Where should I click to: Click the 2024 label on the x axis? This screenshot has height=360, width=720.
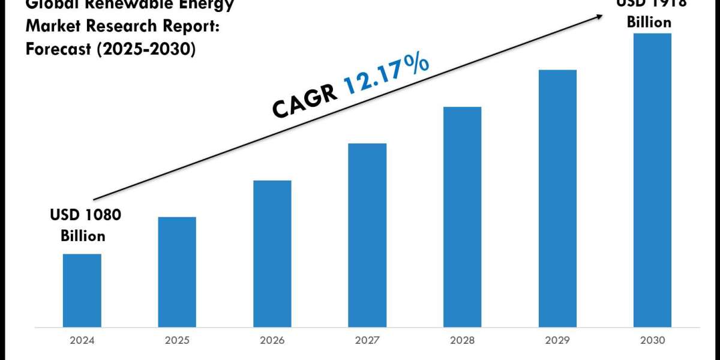(82, 340)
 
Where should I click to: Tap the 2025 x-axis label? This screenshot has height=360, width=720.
(177, 340)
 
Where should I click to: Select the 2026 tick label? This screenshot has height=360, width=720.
(272, 340)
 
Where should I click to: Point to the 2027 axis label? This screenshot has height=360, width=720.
(367, 340)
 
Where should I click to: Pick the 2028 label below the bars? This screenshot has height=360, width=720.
(462, 340)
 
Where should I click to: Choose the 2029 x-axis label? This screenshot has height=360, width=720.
(557, 340)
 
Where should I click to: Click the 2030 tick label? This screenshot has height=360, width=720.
(652, 340)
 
